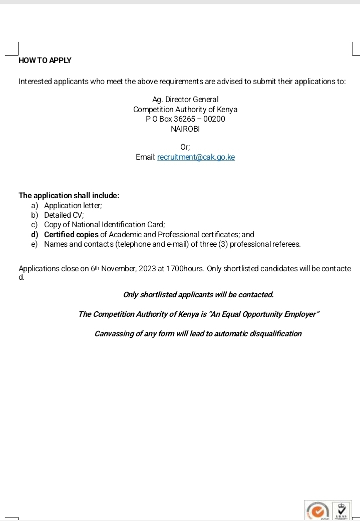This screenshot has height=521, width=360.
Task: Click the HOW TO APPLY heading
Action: (45, 61)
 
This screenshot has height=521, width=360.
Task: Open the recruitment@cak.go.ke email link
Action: (196, 157)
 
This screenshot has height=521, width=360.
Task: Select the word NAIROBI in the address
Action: (185, 129)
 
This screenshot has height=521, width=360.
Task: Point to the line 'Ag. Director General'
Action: (185, 100)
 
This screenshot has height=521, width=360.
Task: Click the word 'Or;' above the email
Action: (185, 147)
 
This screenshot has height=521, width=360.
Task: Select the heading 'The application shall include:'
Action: (69, 195)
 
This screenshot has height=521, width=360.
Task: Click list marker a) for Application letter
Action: (35, 205)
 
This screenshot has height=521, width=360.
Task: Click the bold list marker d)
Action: (35, 234)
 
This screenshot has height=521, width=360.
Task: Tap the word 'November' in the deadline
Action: (118, 269)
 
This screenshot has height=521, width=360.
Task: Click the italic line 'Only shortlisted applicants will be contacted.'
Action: (198, 294)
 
